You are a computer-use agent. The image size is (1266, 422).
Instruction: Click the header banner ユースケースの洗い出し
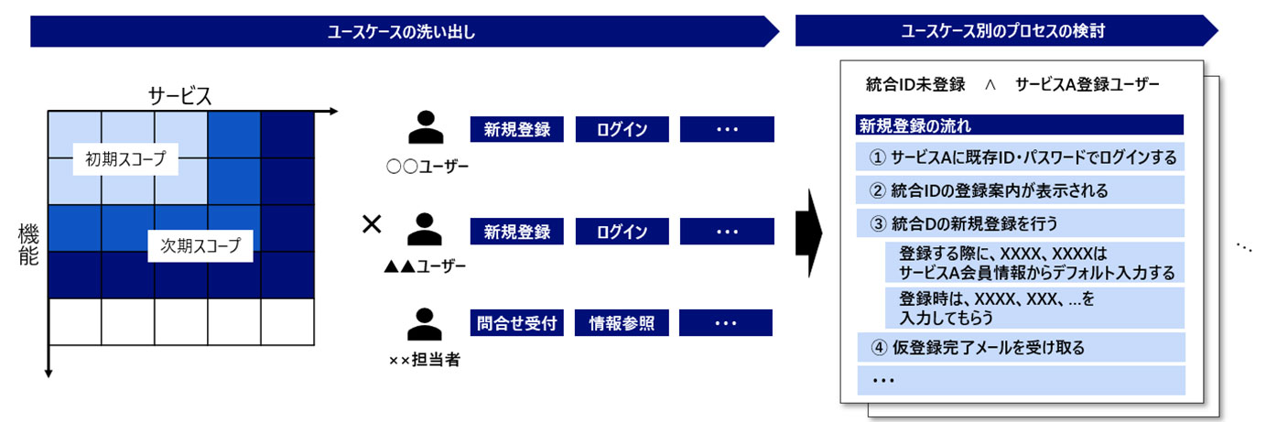[x=403, y=32]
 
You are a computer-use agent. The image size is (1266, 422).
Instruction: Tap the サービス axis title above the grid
[x=180, y=95]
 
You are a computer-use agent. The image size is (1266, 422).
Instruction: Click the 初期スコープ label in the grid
[x=126, y=158]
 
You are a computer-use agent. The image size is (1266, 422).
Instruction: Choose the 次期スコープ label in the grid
[x=200, y=244]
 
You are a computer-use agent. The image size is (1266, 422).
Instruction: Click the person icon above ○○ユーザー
[x=424, y=128]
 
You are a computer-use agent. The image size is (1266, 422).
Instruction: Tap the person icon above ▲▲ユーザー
[x=424, y=230]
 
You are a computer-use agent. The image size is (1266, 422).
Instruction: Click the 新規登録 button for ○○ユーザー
[x=517, y=129]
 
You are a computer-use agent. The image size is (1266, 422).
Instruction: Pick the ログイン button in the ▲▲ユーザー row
[x=622, y=232]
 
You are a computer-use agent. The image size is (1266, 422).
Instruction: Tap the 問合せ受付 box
[x=517, y=322]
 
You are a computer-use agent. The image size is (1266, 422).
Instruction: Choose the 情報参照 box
[x=622, y=322]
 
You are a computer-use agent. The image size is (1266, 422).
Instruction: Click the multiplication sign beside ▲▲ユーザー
[x=371, y=224]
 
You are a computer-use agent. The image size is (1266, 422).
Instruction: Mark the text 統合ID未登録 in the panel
[x=915, y=84]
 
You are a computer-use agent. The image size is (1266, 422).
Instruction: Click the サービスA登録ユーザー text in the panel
[x=1087, y=84]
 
